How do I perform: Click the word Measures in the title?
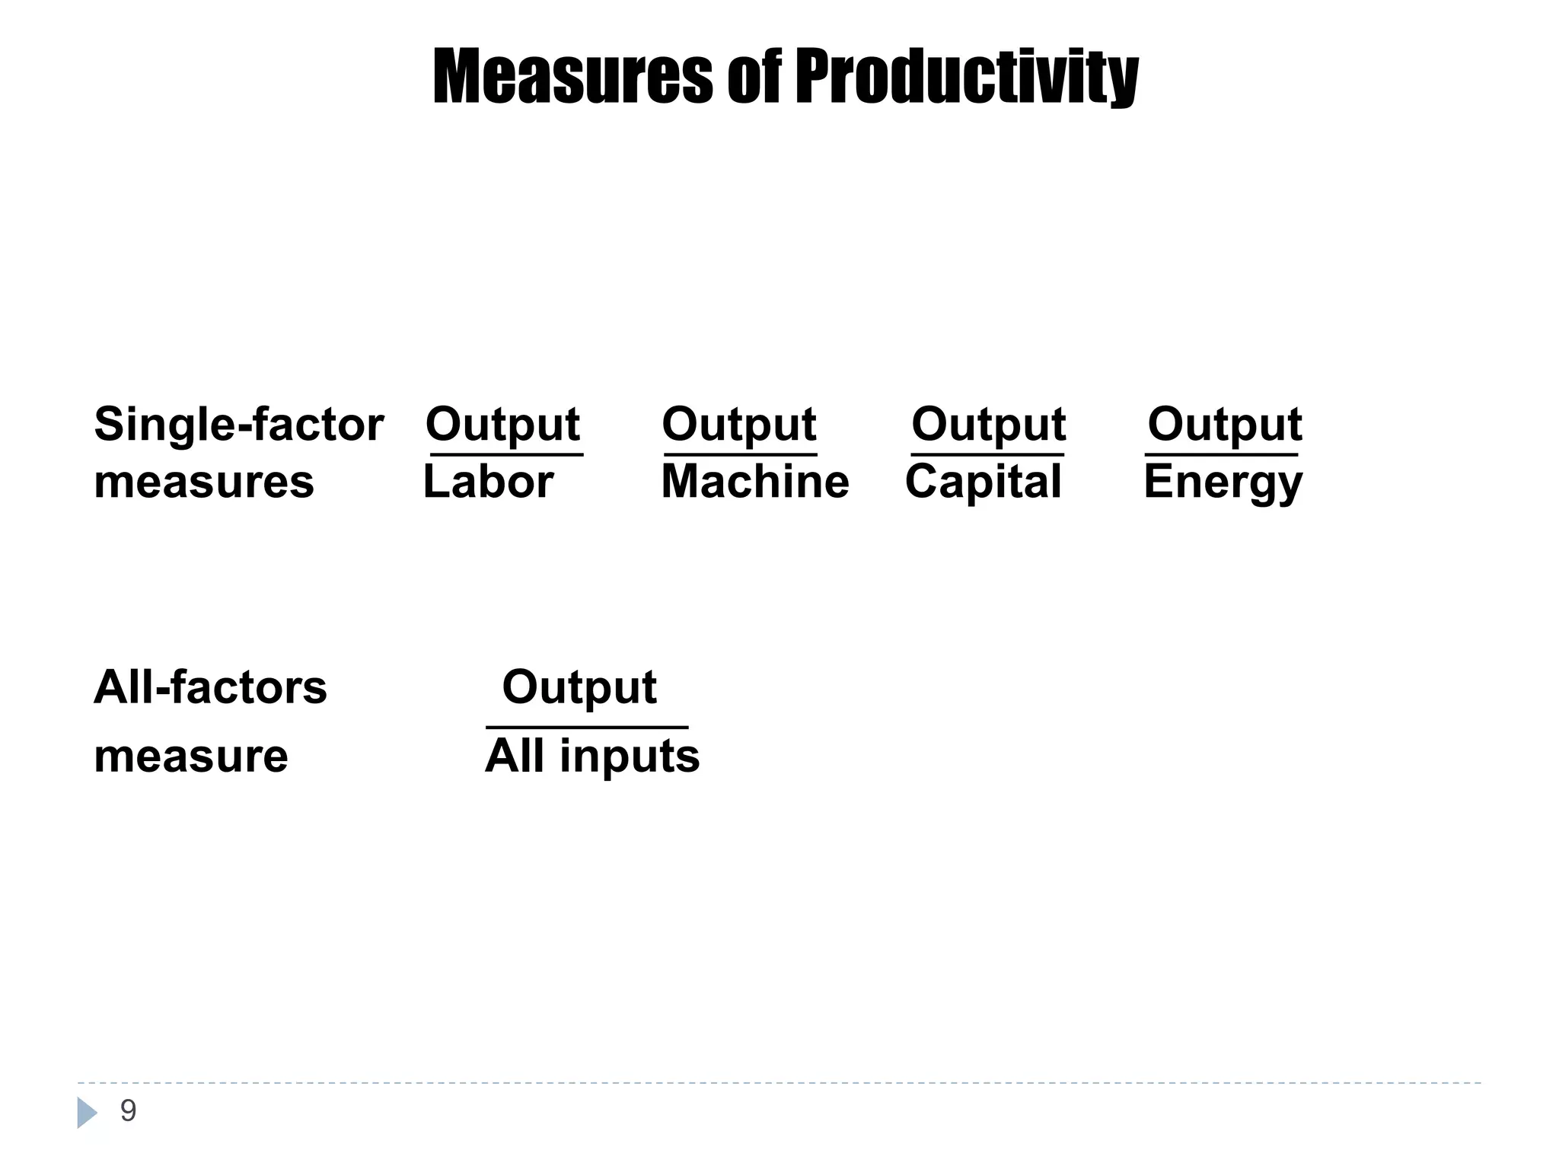pos(573,76)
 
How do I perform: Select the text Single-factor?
pos(239,425)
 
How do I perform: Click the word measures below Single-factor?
pos(204,483)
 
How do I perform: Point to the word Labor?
pos(488,482)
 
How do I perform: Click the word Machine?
pos(754,482)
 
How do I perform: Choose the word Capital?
pos(983,482)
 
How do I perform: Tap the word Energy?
pos(1223,483)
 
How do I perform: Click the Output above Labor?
pos(502,425)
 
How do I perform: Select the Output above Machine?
pos(739,425)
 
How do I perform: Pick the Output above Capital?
pos(988,425)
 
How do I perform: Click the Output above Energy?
pos(1225,425)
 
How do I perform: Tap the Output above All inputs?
pos(579,688)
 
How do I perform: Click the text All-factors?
pos(210,687)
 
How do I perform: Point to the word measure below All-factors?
pos(191,757)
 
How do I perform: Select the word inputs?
pos(630,757)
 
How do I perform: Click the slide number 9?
pos(128,1111)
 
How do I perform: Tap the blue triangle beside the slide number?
pos(86,1113)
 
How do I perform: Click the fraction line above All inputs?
pos(587,728)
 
